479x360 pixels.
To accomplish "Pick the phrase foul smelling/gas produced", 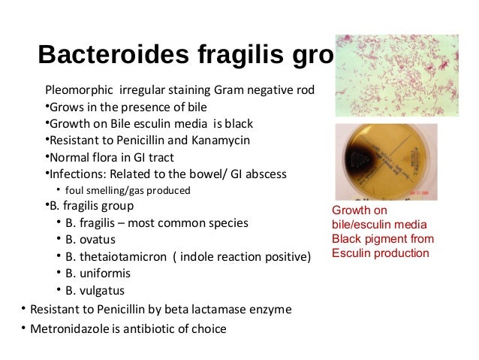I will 128,189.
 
